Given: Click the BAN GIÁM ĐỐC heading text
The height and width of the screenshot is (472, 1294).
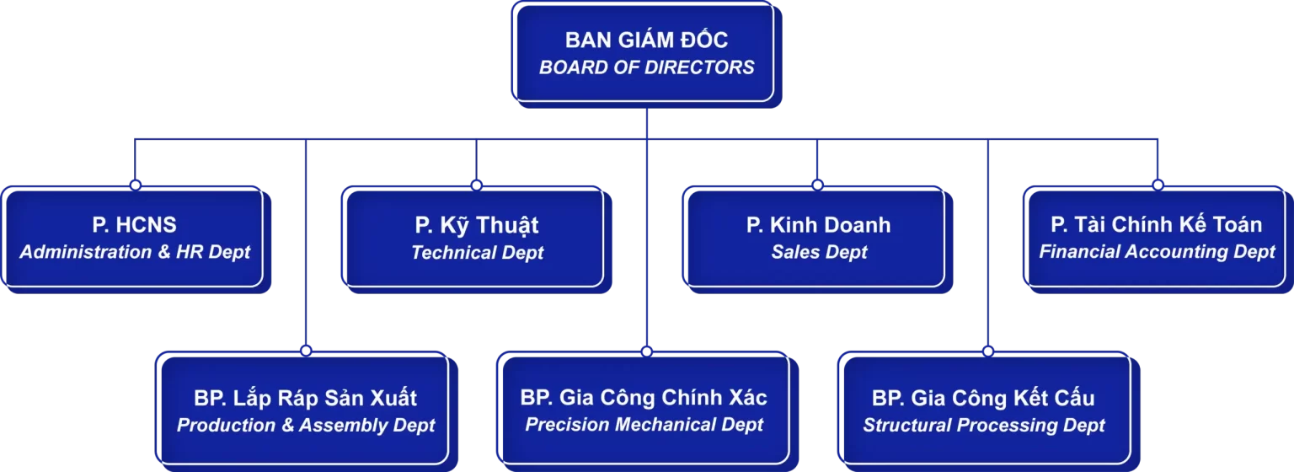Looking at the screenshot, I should pos(646,40).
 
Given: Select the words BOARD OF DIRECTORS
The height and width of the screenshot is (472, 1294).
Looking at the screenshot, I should pos(646,67).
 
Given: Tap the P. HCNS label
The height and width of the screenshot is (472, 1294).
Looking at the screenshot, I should pos(135,225).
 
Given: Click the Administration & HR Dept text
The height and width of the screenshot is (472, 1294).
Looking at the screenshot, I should pos(135,252).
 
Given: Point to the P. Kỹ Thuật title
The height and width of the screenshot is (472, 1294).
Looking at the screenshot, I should pos(477,225).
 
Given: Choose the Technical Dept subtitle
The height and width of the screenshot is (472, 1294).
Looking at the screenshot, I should pos(477,252).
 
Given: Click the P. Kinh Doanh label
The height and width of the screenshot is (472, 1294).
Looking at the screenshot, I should pos(818,225).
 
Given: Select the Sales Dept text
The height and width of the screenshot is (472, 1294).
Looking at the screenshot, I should pos(818,252).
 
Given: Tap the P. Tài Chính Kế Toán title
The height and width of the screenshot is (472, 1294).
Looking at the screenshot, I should pos(1157,224).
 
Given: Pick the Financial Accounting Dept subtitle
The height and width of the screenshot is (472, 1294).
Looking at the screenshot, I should pos(1157,252).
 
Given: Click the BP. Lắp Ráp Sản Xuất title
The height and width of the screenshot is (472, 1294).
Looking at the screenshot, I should pos(305,398).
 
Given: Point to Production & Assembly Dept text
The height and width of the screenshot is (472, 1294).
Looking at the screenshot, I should pos(305,425).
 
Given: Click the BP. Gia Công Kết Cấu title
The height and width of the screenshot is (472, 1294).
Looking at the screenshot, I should pos(983,398).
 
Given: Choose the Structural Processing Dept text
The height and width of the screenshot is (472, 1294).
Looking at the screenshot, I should pos(983,425).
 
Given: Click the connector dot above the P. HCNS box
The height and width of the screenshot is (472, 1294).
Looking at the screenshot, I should pos(135,184).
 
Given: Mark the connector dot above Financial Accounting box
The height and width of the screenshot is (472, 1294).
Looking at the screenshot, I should pos(1157,184).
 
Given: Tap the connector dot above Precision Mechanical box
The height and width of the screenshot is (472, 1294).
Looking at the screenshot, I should pos(646,350).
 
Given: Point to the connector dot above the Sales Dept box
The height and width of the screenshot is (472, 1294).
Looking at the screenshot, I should pos(817,184).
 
